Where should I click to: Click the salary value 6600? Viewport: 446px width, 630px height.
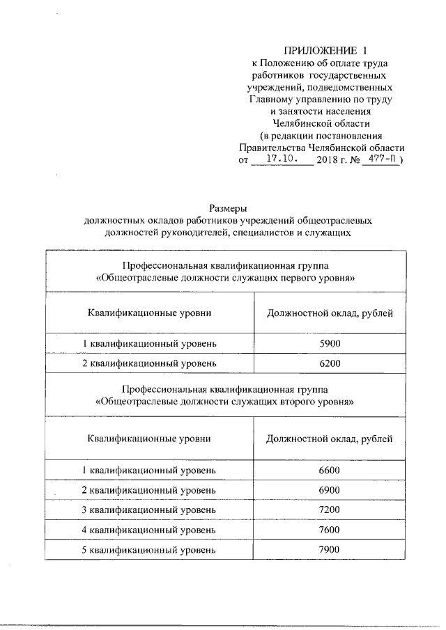[330, 471]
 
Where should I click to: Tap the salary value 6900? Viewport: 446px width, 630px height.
[330, 491]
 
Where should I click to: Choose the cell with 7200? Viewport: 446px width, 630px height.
[330, 510]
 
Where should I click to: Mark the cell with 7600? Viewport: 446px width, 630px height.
[330, 530]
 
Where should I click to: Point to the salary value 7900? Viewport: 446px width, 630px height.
[330, 549]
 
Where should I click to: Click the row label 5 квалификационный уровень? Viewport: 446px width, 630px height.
[149, 549]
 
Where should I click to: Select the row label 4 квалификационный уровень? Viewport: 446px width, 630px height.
[149, 530]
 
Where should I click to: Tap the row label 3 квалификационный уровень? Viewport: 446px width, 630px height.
[149, 510]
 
